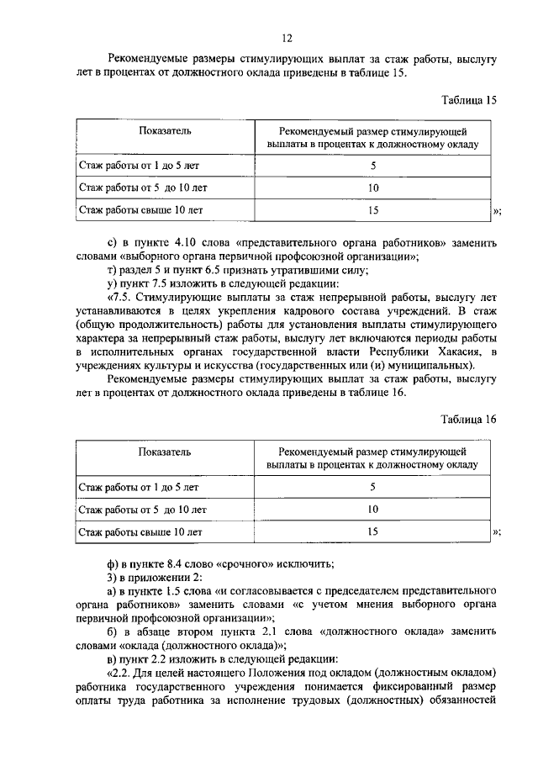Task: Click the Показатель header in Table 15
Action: pyautogui.click(x=153, y=132)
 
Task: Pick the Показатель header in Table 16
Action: pyautogui.click(x=153, y=452)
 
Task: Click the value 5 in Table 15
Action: pyautogui.click(x=373, y=166)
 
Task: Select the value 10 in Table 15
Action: pyautogui.click(x=373, y=188)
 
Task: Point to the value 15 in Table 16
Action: pyautogui.click(x=373, y=531)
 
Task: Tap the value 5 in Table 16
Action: pyautogui.click(x=373, y=486)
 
